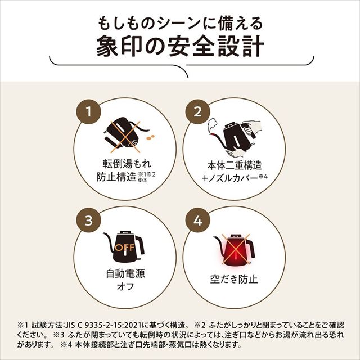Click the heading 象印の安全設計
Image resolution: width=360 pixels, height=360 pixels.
pos(179,46)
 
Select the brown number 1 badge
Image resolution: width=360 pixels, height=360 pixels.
pos(87,111)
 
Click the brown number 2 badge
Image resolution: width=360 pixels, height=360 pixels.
pos(197,111)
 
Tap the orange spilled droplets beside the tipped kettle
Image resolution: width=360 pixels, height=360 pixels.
pos(150,136)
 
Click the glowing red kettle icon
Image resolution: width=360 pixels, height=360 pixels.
pos(233,247)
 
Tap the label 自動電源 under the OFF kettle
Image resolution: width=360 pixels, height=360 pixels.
pos(125,274)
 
